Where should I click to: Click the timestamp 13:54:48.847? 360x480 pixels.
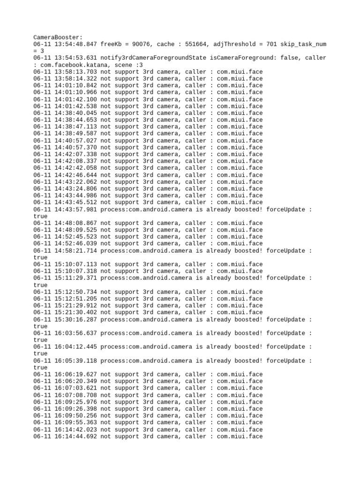tap(75, 44)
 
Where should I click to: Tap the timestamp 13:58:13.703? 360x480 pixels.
tap(75, 72)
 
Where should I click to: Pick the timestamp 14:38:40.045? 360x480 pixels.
tap(75, 113)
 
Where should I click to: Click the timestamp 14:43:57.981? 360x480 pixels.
tap(75, 209)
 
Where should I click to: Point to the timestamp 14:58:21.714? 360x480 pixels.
tap(75, 250)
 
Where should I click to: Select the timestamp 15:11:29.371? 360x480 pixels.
tap(75, 278)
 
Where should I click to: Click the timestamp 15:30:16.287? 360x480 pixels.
tap(75, 319)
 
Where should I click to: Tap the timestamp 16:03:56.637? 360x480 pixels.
tap(75, 333)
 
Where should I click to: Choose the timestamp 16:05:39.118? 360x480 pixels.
tap(75, 360)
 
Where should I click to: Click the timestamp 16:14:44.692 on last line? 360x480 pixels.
tap(75, 436)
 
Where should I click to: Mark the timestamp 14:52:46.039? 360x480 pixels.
tap(75, 243)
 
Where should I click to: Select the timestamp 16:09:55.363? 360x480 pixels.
tap(75, 422)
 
